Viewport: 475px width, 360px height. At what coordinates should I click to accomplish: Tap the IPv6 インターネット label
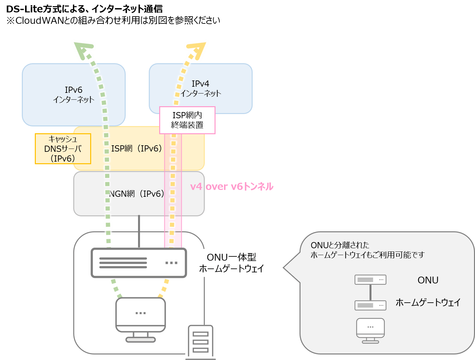74,94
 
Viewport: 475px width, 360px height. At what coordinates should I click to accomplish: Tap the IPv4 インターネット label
201,88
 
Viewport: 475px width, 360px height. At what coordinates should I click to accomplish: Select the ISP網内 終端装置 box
187,120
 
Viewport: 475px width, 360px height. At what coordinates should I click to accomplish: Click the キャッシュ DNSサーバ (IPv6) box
63,149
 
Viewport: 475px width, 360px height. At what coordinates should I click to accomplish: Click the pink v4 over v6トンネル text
231,186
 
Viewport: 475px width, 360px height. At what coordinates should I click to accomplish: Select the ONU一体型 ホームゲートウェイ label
231,263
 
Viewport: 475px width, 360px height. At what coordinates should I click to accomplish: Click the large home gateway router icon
139,263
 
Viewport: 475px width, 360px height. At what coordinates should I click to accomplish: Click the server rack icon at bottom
201,342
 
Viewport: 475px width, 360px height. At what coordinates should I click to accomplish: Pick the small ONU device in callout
370,280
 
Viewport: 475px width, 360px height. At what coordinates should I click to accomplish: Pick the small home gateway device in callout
370,305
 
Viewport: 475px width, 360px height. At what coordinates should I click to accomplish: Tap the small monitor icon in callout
370,330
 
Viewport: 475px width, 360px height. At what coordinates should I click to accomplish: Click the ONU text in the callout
428,280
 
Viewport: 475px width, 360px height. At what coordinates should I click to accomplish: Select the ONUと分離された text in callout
340,245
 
